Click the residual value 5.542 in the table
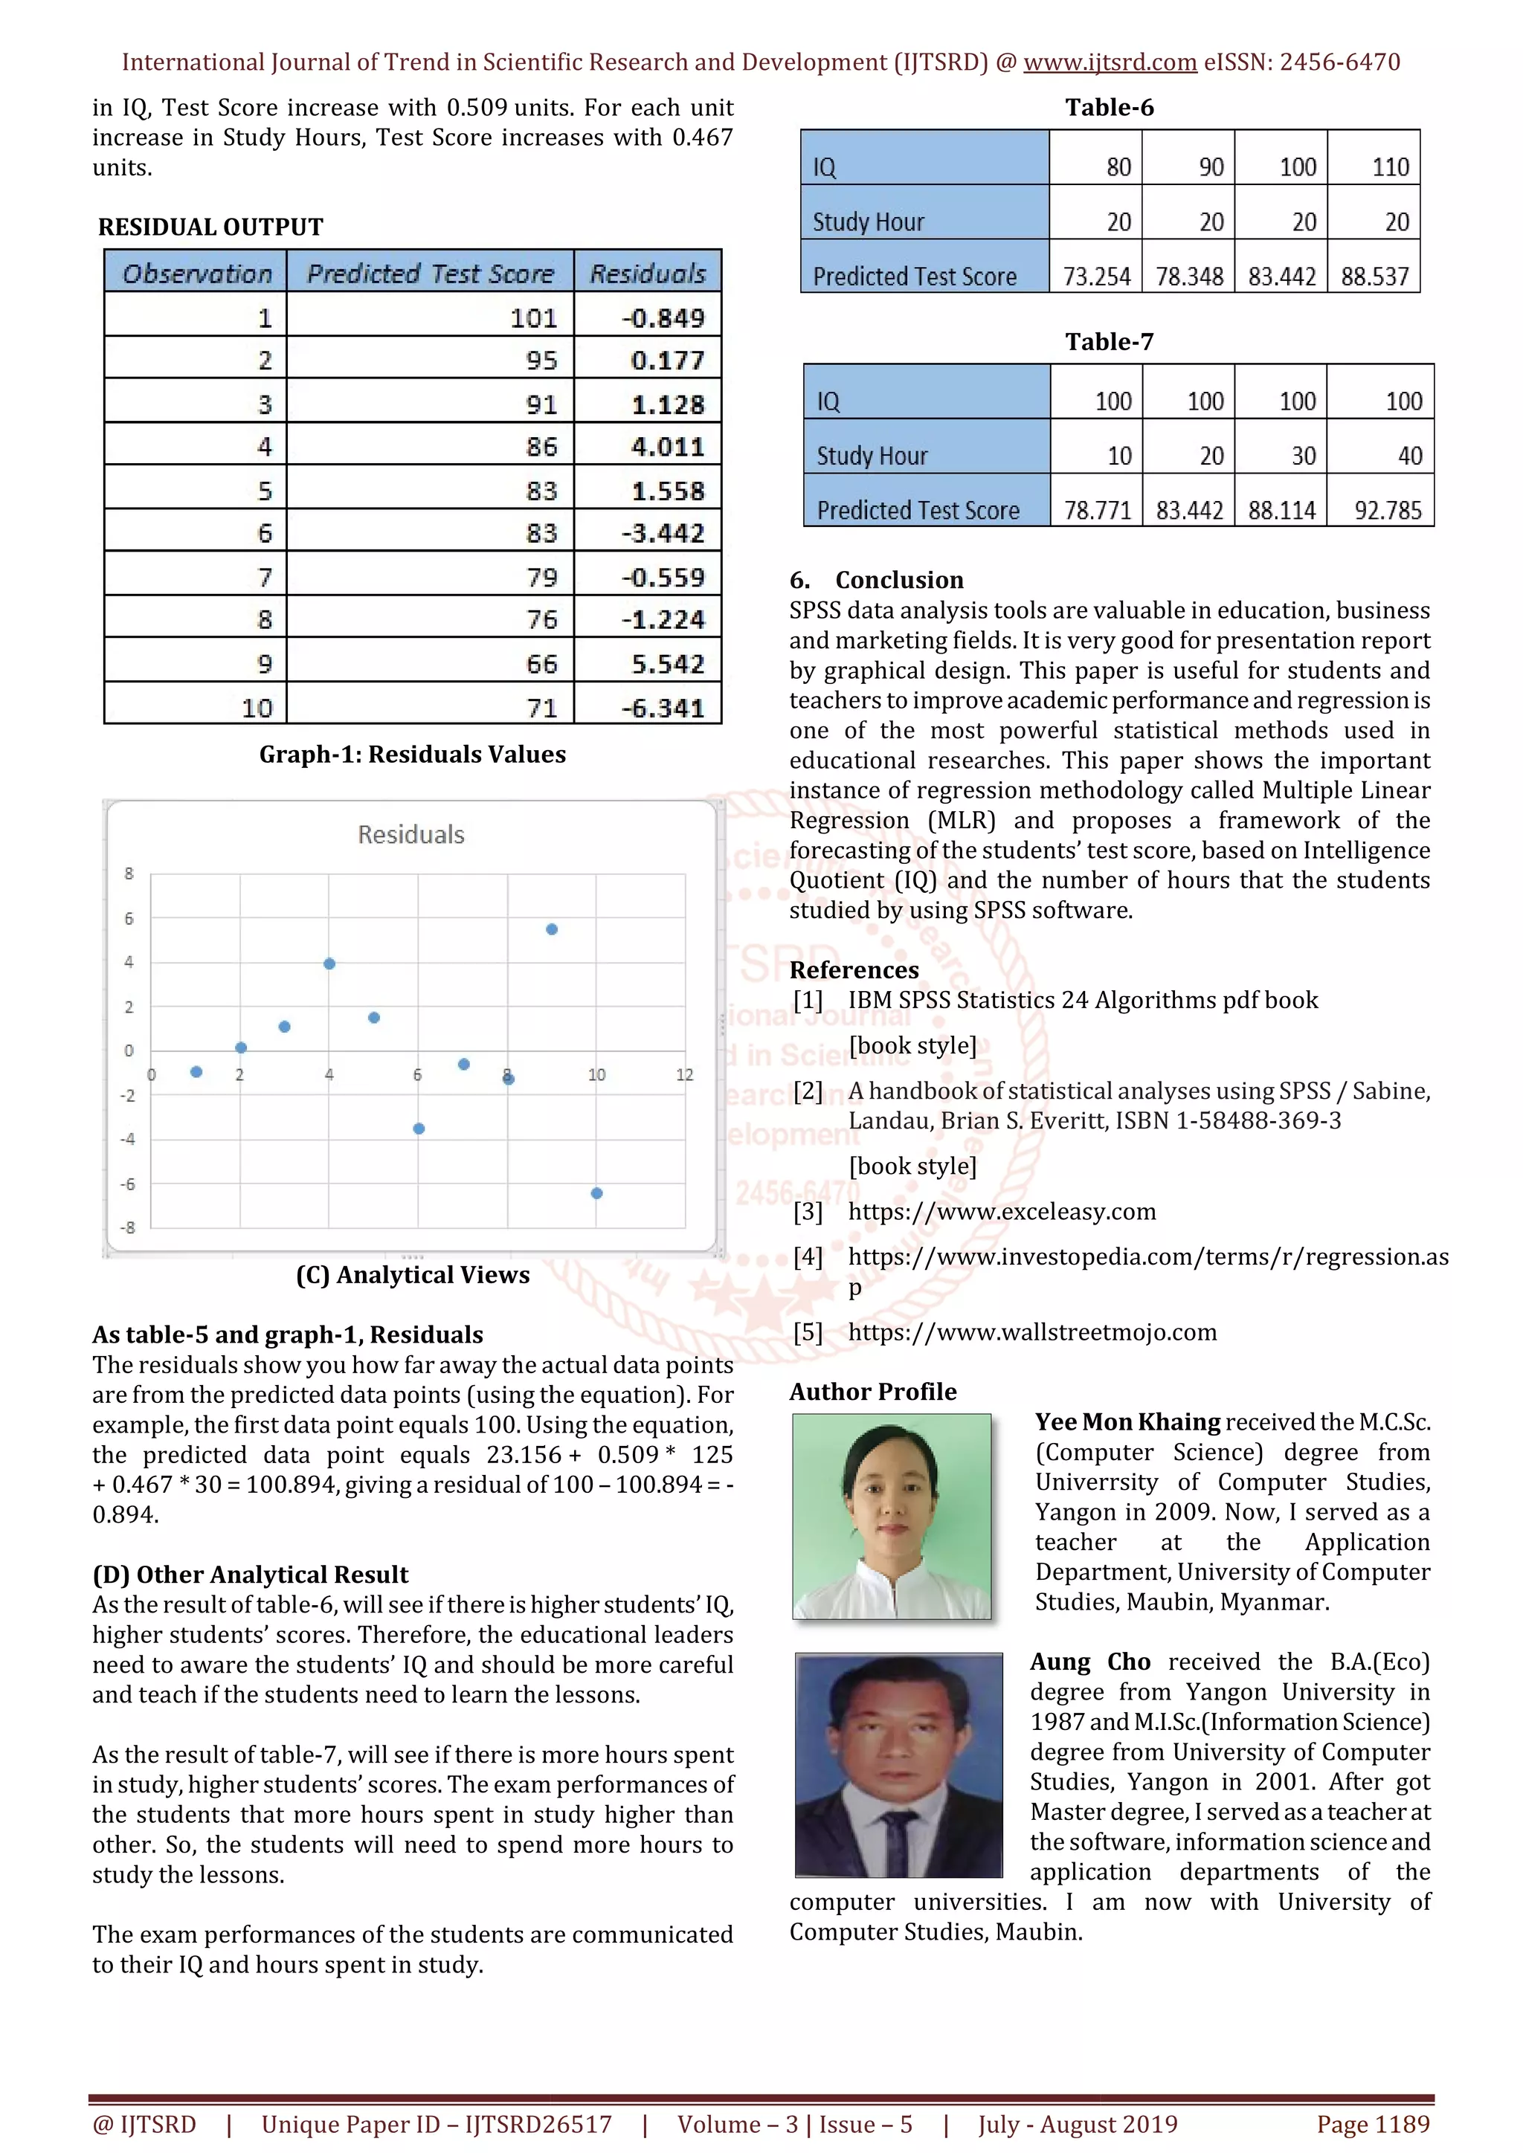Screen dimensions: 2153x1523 coord(667,664)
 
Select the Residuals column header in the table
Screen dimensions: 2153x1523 coord(647,273)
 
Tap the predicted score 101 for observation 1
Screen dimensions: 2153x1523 coord(534,318)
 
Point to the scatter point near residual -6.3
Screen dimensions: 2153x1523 coord(596,1192)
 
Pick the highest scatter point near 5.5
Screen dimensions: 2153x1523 coord(552,929)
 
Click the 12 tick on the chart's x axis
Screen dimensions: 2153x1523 coord(685,1074)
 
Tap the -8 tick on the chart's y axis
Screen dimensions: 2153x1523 coord(128,1227)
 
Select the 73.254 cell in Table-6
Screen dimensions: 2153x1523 coord(1095,276)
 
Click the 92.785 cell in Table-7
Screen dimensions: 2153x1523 coord(1388,510)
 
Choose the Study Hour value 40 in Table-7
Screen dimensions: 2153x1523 coord(1409,456)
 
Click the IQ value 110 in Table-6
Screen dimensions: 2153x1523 coord(1390,167)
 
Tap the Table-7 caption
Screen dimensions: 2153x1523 coord(1109,341)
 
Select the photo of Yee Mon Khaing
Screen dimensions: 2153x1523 coord(891,1517)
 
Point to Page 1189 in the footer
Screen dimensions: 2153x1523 coord(1373,2124)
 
